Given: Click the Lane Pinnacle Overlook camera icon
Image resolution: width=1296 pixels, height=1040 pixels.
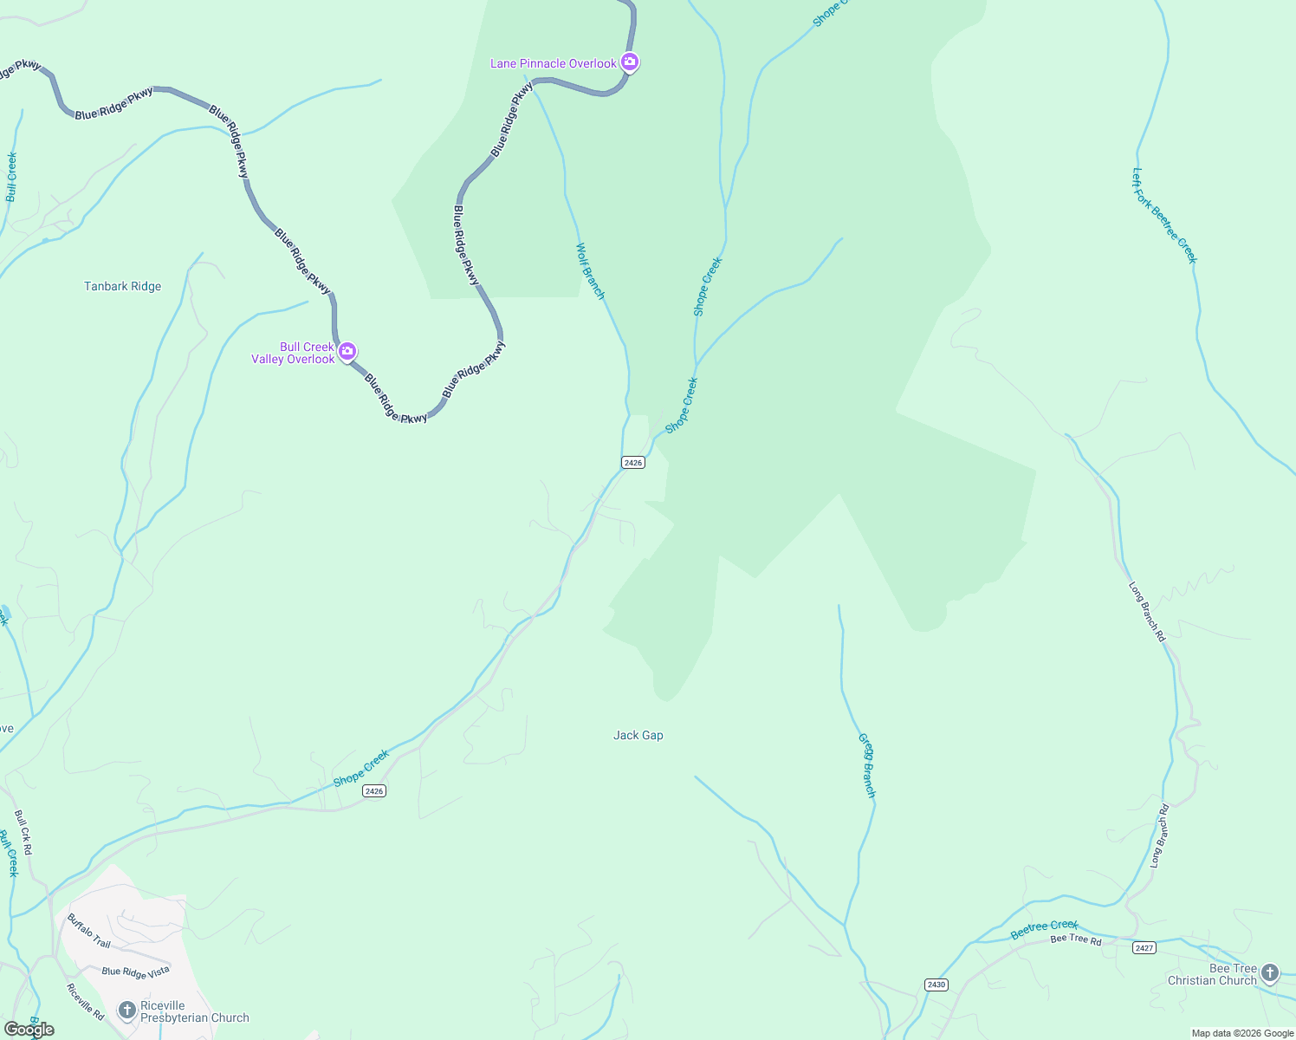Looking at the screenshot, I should pos(630,62).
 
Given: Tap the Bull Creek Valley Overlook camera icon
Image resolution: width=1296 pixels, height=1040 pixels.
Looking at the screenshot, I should pos(347,352).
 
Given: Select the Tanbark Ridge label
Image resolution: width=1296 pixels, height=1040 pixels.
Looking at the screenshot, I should pos(122,287).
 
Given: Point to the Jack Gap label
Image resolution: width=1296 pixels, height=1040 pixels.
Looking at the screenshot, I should pos(638,736).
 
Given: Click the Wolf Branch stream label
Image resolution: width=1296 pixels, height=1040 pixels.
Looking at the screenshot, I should pos(590,271).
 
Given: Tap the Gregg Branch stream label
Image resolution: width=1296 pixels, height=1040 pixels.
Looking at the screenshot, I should pos(867,765).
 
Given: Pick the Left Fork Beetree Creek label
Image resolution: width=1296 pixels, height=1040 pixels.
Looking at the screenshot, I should pos(1164,215).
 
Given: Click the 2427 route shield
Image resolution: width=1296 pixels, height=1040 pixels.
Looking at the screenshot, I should pos(1144,948).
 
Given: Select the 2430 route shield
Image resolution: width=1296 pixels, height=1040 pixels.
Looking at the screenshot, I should pos(936,985).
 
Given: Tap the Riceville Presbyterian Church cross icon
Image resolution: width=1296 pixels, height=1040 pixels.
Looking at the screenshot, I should pos(127,1010).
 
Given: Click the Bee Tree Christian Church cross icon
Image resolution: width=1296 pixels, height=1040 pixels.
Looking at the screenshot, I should pos(1270,973).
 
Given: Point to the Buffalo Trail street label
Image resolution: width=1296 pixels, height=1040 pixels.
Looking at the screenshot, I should pos(89,931).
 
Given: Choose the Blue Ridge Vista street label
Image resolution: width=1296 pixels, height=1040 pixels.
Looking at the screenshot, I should pos(135,972).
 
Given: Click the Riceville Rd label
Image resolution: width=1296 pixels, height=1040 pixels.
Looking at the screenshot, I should pos(86,1000).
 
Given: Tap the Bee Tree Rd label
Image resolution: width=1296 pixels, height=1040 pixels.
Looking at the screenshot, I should pos(1076,940).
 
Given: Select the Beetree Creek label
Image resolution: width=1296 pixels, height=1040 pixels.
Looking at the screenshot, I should pos(1045,930).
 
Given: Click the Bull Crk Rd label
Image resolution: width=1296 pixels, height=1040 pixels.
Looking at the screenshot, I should pos(23,833).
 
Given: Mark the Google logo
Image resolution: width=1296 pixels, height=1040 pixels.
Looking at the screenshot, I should pos(29,1030).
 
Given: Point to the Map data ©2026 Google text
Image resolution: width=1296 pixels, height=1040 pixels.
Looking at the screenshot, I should pos(1242,1033).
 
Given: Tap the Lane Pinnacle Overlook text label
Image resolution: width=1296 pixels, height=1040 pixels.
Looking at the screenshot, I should pos(553,63).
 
